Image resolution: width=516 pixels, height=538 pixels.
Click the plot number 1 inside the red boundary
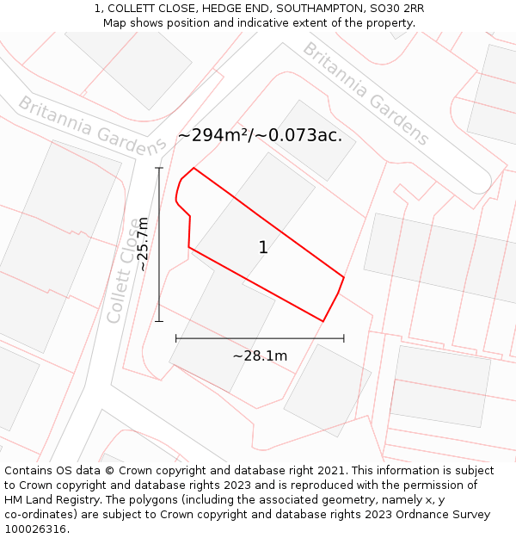pyautogui.click(x=263, y=248)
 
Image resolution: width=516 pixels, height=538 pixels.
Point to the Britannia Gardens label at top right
pyautogui.click(x=365, y=93)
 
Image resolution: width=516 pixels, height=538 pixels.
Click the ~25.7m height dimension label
pyautogui.click(x=143, y=244)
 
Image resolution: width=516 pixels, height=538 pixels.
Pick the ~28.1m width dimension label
pyautogui.click(x=260, y=356)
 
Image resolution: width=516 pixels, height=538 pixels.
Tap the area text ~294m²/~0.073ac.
pyautogui.click(x=260, y=135)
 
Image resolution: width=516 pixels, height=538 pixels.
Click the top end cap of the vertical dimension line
pyautogui.click(x=159, y=168)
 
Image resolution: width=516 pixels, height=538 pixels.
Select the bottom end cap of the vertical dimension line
pyautogui.click(x=159, y=321)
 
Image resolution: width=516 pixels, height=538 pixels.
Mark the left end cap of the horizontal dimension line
pyautogui.click(x=176, y=338)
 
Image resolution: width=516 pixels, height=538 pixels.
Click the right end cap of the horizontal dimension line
pyautogui.click(x=344, y=338)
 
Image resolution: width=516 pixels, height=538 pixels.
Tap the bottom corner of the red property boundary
pyautogui.click(x=322, y=321)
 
